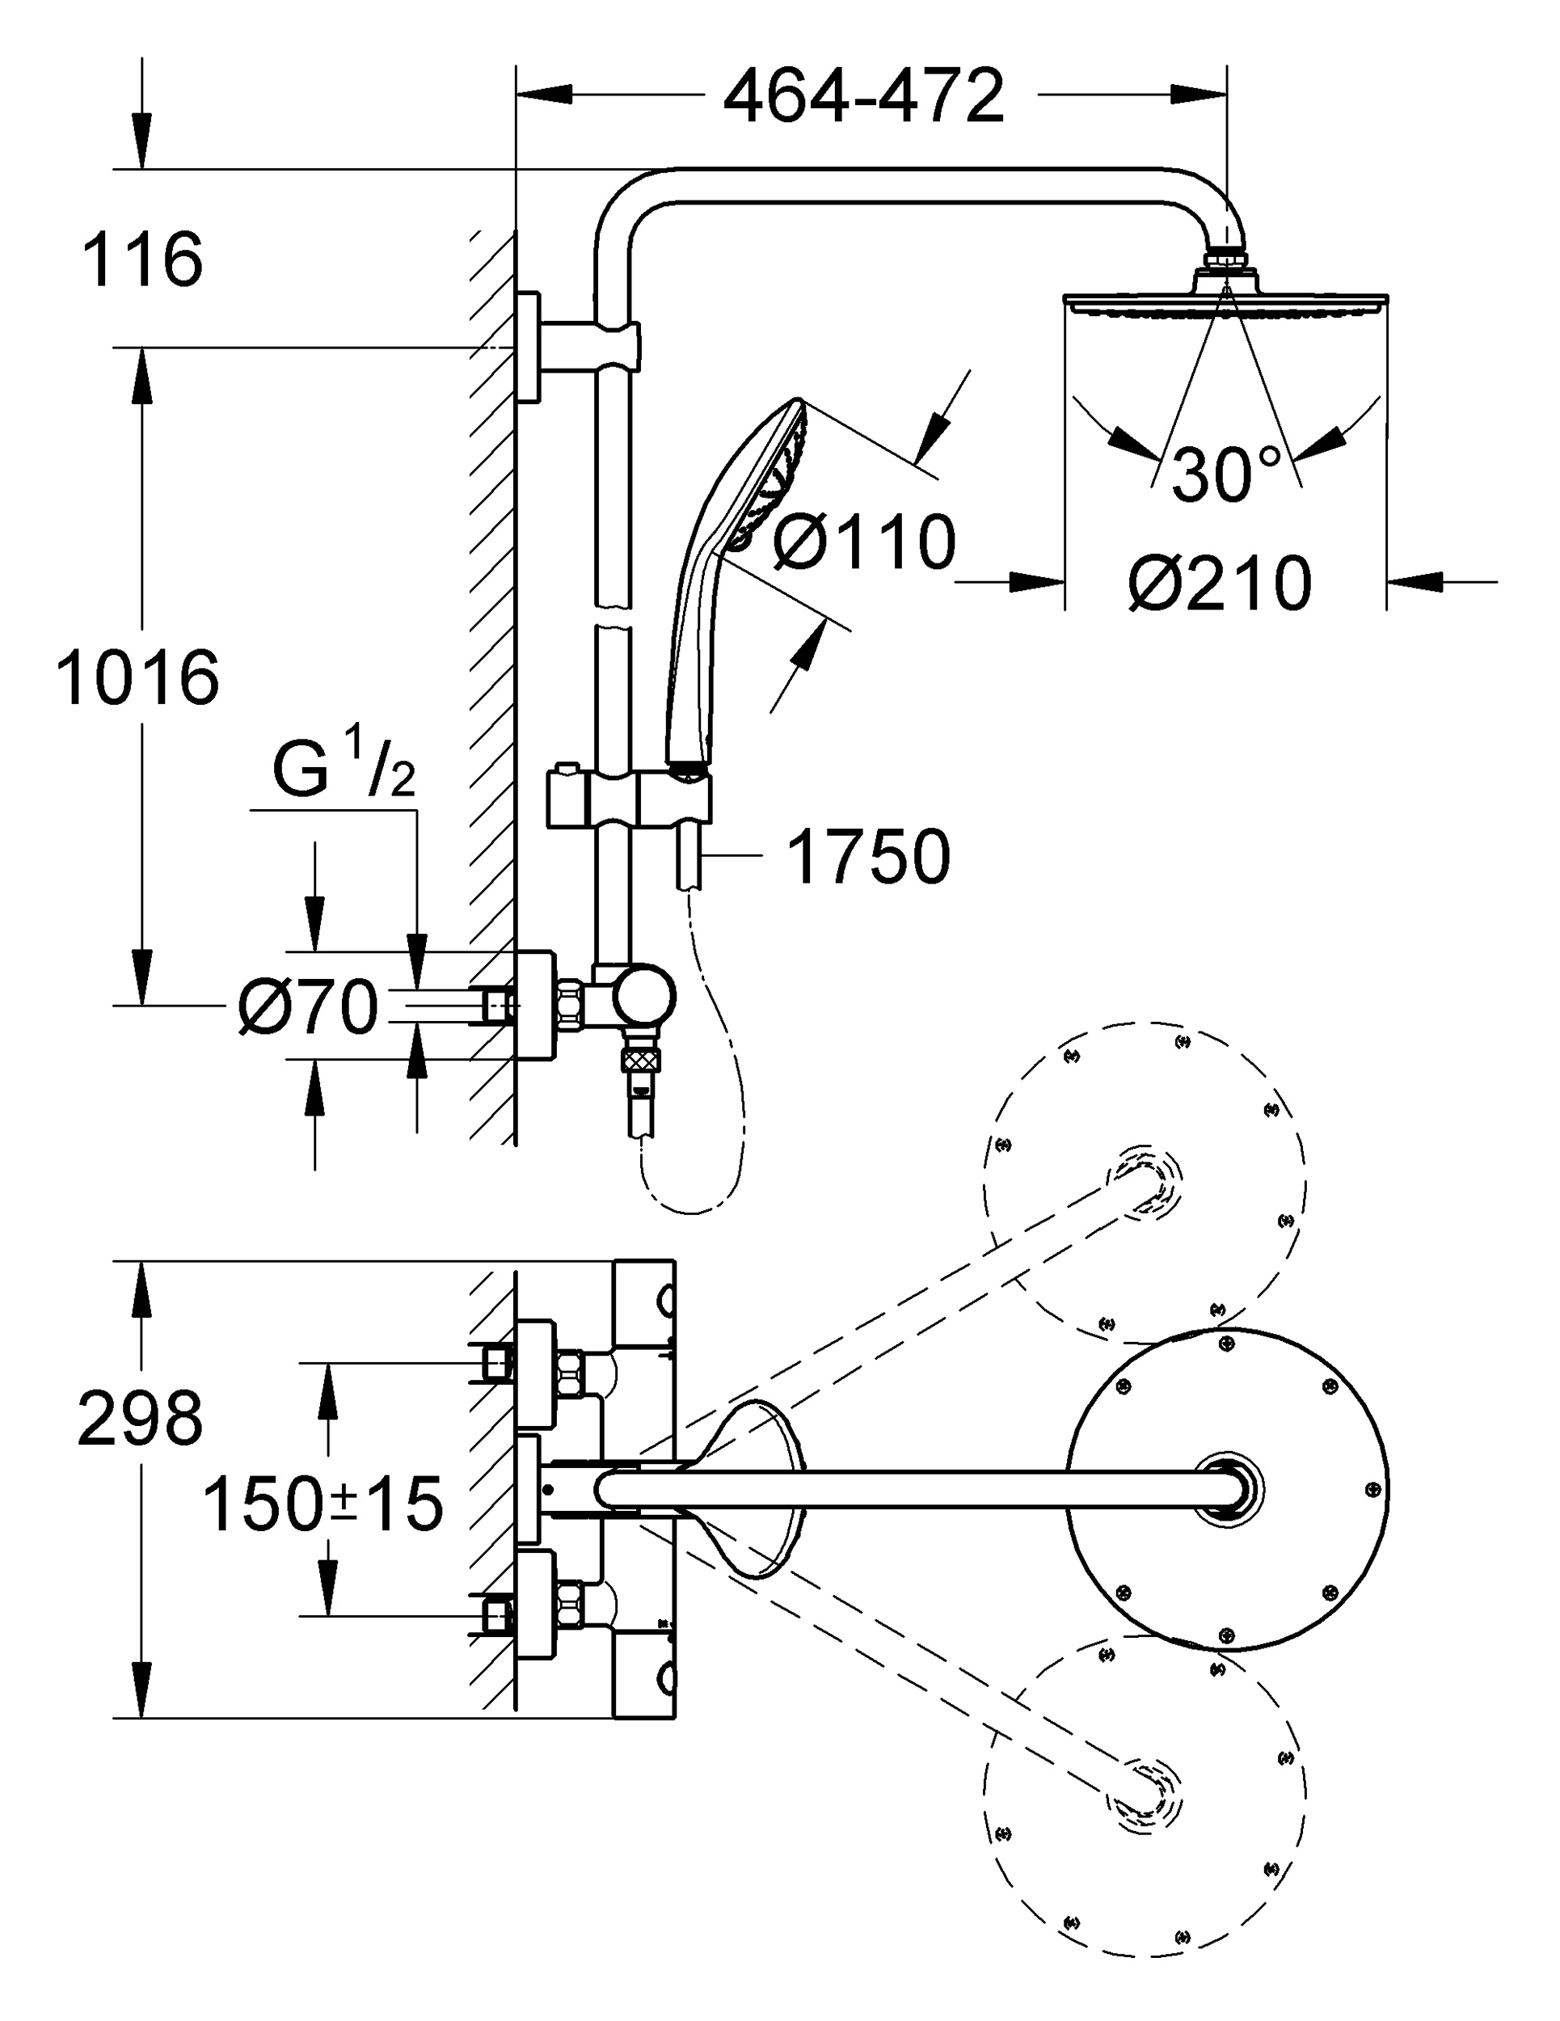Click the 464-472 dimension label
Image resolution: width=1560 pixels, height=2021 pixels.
pos(862,96)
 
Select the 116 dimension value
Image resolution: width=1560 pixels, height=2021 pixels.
pos(141,260)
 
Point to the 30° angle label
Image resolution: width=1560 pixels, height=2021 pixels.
pos(1225,474)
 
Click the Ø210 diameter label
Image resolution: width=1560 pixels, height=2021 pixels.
pos(1221,583)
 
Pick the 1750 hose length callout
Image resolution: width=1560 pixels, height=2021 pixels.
pos(867,857)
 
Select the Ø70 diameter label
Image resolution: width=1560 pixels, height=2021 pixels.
pos(307,1006)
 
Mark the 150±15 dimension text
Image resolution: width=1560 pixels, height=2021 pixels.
pos(322,1504)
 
